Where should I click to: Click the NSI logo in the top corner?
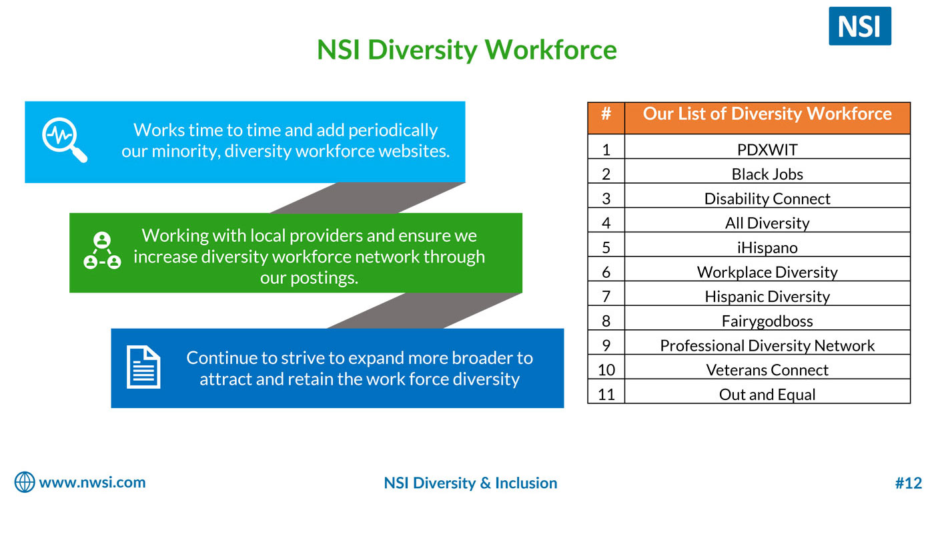click(859, 26)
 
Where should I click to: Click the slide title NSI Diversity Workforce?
click(467, 50)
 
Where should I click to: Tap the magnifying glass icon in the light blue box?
click(65, 140)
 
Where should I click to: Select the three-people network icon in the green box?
click(102, 250)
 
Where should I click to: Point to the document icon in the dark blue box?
click(143, 367)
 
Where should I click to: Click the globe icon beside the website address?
click(25, 482)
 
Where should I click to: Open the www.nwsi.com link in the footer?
click(92, 482)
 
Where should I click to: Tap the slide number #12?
click(909, 483)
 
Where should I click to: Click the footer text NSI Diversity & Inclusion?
click(470, 483)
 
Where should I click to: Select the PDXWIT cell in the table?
click(767, 150)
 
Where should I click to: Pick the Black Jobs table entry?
click(767, 174)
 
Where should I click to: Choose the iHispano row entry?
click(767, 248)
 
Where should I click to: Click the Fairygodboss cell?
click(767, 321)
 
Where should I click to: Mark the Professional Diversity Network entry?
click(767, 346)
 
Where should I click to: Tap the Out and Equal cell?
click(767, 395)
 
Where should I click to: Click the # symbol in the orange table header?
click(606, 114)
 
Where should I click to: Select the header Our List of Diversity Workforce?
click(767, 114)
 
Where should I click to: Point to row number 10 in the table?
click(606, 370)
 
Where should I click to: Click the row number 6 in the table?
click(606, 272)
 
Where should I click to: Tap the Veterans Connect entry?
click(767, 370)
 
